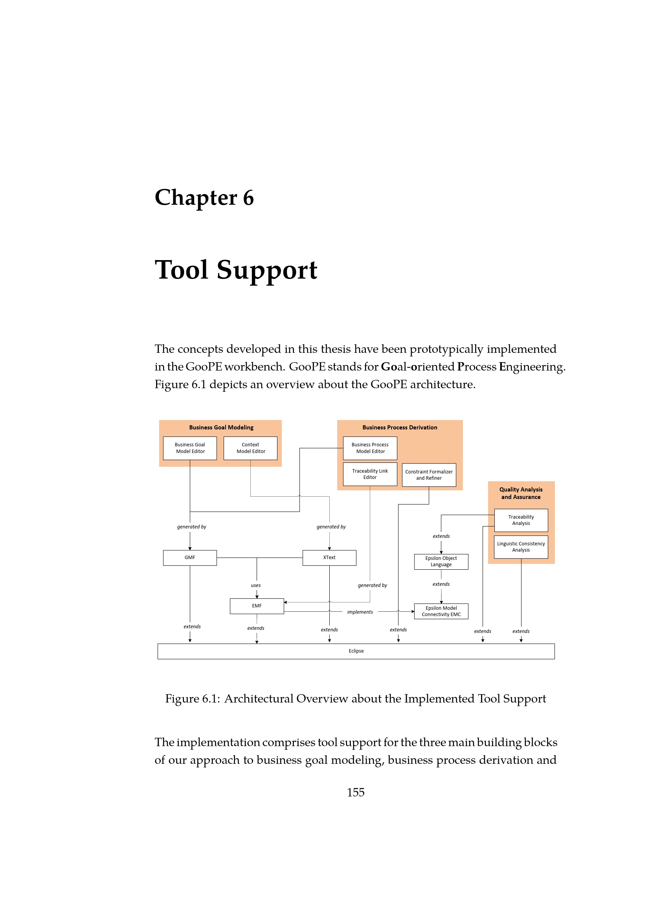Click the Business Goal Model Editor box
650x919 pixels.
(x=190, y=448)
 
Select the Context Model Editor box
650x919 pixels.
(x=250, y=448)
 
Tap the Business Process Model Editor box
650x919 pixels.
(x=370, y=448)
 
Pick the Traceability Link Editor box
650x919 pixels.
(x=370, y=474)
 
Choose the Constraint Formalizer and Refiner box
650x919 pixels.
(x=429, y=475)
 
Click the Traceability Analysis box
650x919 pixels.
(x=521, y=520)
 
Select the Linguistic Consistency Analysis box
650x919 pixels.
(x=521, y=547)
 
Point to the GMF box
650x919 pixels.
(x=190, y=558)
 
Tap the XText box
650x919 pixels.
(x=329, y=558)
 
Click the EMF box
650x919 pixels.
(x=257, y=606)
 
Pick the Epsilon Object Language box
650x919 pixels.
(x=441, y=561)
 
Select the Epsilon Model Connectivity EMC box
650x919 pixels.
(x=441, y=611)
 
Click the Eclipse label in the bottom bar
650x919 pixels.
(x=356, y=651)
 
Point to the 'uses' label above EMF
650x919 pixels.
(x=256, y=585)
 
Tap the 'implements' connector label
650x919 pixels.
(x=360, y=612)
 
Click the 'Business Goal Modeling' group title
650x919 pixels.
(x=221, y=427)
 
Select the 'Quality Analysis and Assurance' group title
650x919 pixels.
(x=521, y=493)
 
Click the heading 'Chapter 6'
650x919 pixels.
(x=204, y=198)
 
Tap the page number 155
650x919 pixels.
(x=355, y=792)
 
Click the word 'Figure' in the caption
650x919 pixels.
(x=182, y=699)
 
